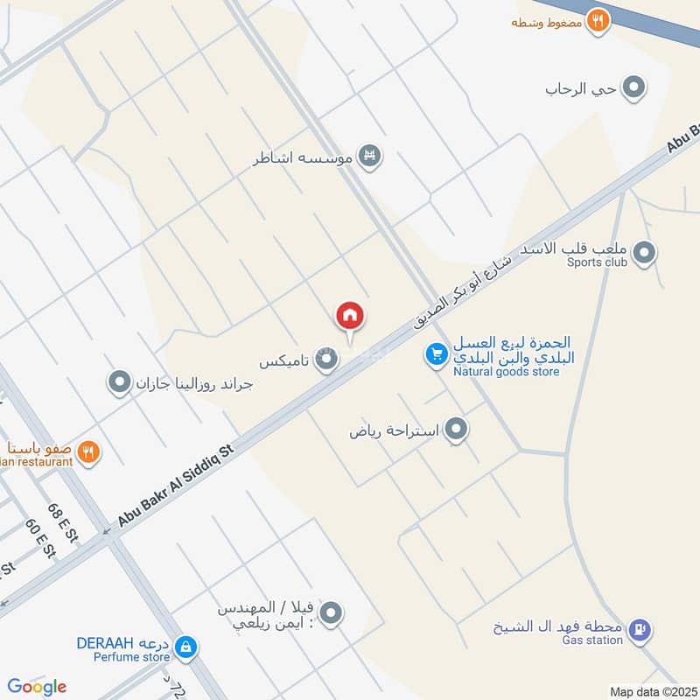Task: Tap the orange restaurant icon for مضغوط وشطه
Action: [598, 19]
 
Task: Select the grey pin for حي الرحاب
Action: [633, 87]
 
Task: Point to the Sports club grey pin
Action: [645, 254]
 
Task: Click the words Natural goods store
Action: [506, 372]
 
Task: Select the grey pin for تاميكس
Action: [327, 359]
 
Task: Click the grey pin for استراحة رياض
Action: [456, 429]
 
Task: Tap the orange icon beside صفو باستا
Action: [87, 452]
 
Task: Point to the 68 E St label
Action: [63, 522]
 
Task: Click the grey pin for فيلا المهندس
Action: [330, 614]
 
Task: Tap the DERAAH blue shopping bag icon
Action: [185, 647]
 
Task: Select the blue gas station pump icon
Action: [640, 630]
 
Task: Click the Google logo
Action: [36, 687]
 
